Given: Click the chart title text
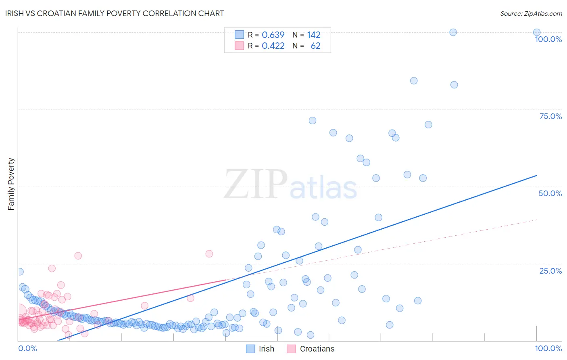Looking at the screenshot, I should [114, 13].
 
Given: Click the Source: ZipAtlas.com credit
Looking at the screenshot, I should [531, 13].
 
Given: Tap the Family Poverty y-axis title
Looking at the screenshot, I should [11, 184].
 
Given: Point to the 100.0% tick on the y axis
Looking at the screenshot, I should [548, 39].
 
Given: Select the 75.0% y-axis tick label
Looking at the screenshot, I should [550, 116].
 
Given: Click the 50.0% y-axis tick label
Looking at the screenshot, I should [550, 193].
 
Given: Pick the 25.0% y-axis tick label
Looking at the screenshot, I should [550, 271].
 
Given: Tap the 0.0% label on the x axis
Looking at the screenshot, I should [27, 348].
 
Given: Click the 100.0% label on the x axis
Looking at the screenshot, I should [548, 348].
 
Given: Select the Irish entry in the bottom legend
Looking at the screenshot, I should [266, 349].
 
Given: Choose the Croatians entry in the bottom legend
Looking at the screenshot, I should [317, 349].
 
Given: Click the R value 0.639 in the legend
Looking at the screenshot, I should [273, 35].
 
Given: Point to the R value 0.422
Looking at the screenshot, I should [273, 46].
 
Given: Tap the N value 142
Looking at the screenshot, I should [313, 35].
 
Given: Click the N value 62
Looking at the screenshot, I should [315, 46].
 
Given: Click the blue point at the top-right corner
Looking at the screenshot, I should [537, 32].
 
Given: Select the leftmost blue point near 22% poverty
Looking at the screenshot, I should [20, 272].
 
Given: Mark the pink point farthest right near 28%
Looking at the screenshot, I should [209, 253].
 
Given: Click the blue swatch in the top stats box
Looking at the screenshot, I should [239, 35].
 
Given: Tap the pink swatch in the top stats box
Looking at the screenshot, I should [239, 46].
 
